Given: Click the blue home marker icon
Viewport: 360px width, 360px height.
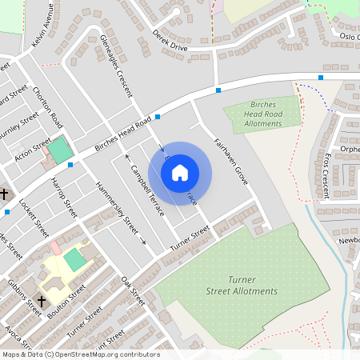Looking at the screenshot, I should [x=180, y=173].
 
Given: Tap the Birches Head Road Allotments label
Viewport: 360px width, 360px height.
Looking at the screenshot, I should [x=262, y=114].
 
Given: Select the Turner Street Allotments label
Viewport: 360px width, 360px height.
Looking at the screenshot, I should [x=241, y=285].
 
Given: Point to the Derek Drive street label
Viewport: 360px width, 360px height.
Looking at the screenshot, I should [x=169, y=41].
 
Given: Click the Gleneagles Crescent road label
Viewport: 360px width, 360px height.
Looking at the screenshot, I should [x=117, y=66].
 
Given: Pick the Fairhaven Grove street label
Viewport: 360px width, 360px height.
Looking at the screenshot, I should [x=231, y=162].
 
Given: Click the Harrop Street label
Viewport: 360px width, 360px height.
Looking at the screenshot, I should [x=65, y=198].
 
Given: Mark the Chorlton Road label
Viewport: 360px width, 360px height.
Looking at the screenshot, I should [x=48, y=108].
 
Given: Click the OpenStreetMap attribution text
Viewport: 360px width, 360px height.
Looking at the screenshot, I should [x=80, y=354].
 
